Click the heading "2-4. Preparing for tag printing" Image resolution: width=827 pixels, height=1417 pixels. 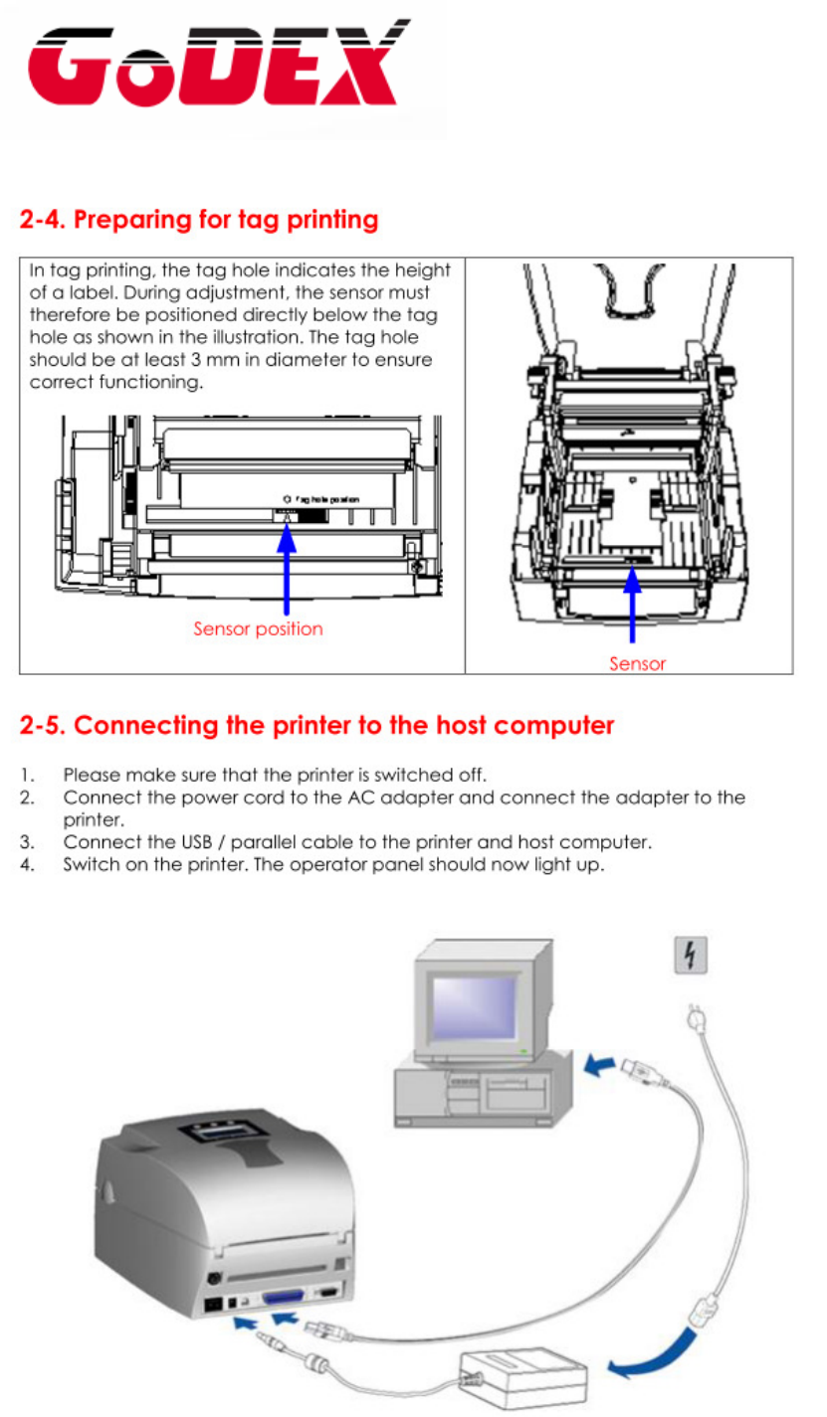(199, 219)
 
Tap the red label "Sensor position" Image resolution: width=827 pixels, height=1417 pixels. (258, 628)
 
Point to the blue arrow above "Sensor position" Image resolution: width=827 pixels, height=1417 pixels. (287, 567)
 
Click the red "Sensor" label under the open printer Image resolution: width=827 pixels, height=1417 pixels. (637, 663)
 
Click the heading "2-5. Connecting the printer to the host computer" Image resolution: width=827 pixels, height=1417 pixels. (316, 725)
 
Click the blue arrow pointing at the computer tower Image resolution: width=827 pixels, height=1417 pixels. (597, 1066)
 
